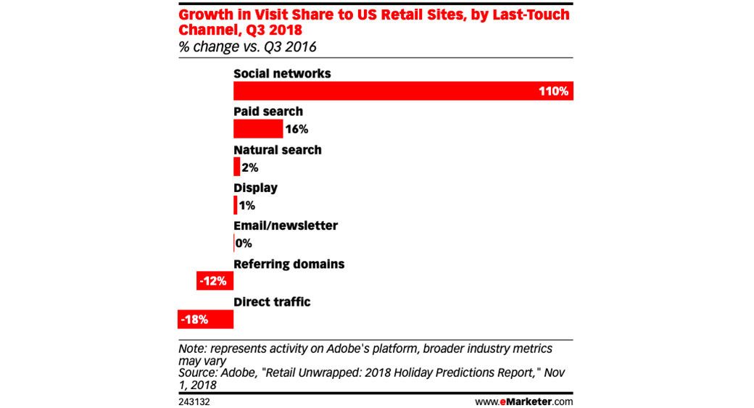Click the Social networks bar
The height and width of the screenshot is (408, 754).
384,91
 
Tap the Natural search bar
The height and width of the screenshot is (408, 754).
236,167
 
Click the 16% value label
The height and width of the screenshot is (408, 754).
297,130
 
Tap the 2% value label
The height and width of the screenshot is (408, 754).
250,167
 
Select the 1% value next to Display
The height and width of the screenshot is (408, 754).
246,206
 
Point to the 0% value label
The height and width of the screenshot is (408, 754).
244,243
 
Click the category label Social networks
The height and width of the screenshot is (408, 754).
282,74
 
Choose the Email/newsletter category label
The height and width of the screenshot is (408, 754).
285,225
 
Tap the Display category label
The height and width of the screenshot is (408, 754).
255,188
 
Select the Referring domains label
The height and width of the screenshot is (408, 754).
289,264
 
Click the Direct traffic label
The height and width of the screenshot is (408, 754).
272,301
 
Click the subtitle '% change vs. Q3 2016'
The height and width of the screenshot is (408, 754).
247,47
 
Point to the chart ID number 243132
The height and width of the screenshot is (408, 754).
194,401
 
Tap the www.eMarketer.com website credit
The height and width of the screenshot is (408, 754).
523,401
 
